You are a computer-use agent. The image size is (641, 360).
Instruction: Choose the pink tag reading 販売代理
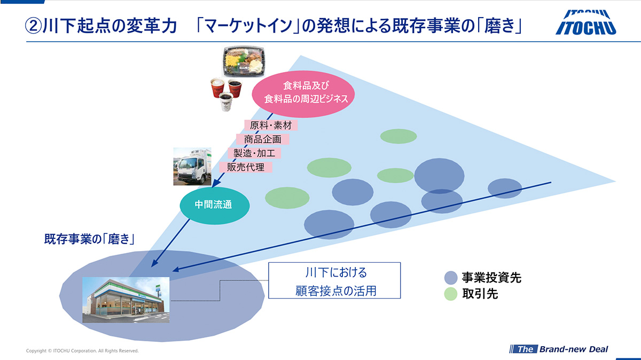(x=246, y=167)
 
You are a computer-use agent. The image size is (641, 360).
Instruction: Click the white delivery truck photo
(x=192, y=167)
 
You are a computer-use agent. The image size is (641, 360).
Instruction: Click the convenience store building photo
(x=126, y=300)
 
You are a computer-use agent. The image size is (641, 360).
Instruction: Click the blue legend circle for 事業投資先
(x=451, y=278)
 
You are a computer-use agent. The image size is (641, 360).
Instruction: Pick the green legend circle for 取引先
(x=451, y=294)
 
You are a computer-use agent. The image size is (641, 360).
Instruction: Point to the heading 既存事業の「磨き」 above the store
(x=89, y=239)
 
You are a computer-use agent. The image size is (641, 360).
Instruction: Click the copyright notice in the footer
(x=82, y=351)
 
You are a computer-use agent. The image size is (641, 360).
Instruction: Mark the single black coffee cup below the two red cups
(x=226, y=101)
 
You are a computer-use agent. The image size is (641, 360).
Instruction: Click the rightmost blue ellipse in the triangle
(x=505, y=188)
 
